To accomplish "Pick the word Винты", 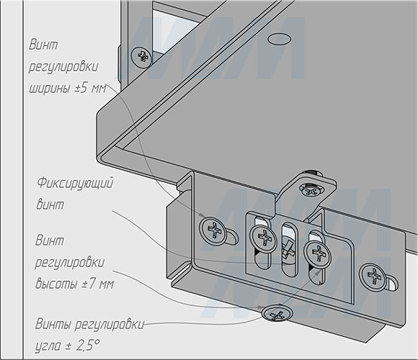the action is click(x=53, y=324).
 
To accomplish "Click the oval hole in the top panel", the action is click(x=279, y=40).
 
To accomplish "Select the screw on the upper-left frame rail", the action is click(x=141, y=58).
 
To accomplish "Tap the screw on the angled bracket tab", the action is click(x=311, y=190).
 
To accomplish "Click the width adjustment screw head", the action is click(x=213, y=231).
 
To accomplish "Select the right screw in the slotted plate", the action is click(x=318, y=255).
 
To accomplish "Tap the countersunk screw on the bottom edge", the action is click(x=277, y=313).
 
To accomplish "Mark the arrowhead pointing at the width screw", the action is click(x=202, y=215).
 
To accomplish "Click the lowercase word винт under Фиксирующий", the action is click(x=50, y=204).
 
